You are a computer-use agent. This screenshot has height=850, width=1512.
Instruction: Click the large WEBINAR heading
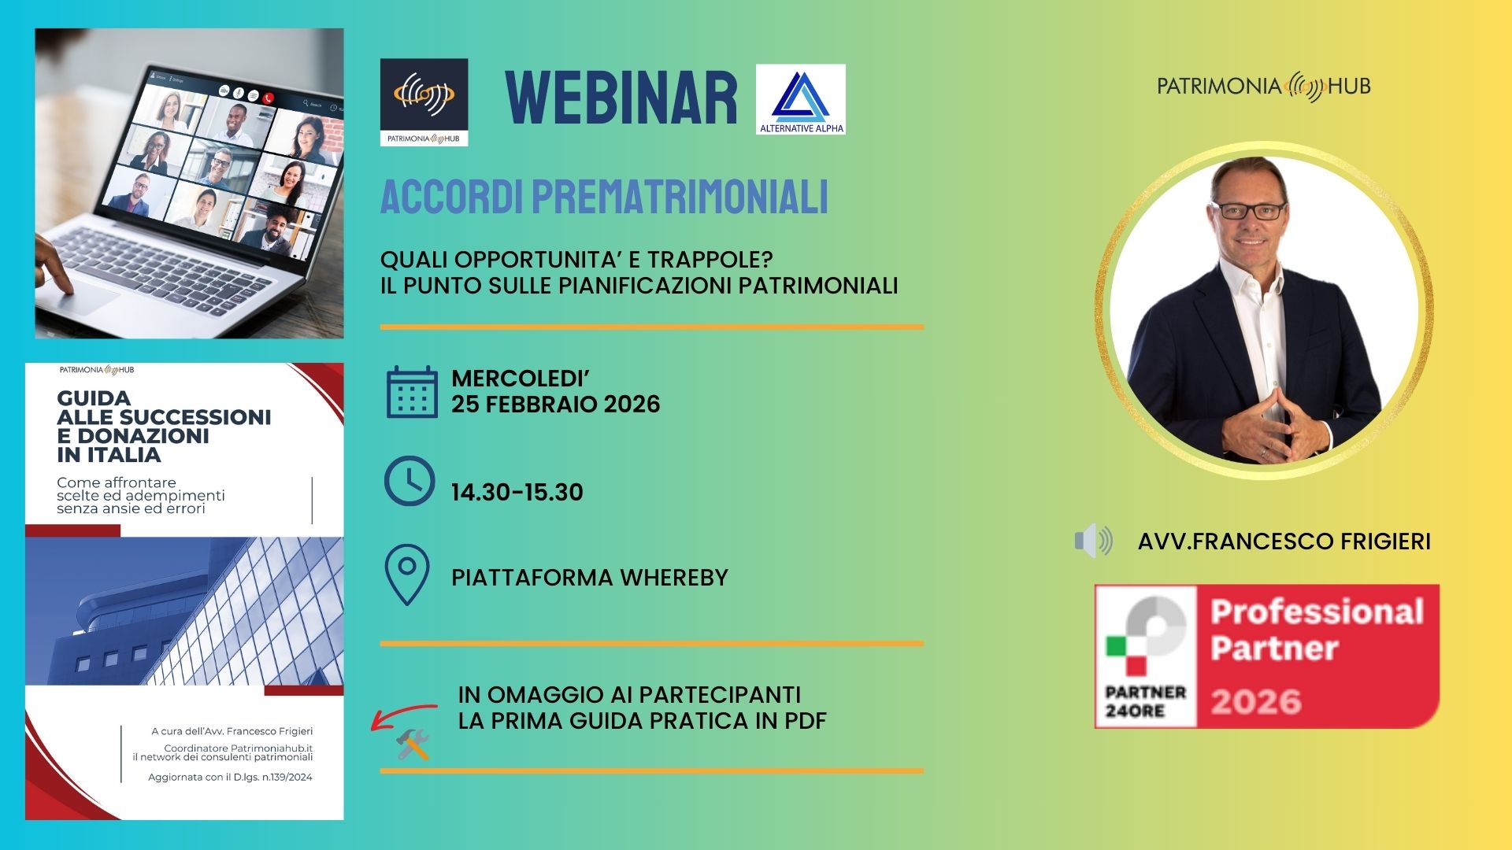tap(621, 98)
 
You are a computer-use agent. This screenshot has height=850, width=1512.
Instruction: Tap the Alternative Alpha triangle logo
tap(800, 99)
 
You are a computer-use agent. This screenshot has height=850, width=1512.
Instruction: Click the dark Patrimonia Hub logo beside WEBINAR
tap(424, 102)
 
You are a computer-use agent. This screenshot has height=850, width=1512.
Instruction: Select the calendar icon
tap(412, 392)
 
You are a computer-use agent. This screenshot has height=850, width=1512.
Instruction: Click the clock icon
tap(409, 481)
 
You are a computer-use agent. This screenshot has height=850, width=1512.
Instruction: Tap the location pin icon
tap(407, 575)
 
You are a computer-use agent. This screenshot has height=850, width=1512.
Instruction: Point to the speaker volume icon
tap(1094, 541)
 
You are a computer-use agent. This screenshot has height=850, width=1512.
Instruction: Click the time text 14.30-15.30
tap(517, 493)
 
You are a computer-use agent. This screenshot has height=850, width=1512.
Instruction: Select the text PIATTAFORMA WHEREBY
tap(590, 578)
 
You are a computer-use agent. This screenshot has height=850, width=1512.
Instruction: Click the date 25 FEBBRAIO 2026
tap(556, 405)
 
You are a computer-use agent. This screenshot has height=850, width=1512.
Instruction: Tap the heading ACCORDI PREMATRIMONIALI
tap(604, 197)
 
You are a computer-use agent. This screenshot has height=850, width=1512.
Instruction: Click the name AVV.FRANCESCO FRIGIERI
tap(1284, 541)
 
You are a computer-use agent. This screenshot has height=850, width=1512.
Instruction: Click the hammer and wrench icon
tap(413, 745)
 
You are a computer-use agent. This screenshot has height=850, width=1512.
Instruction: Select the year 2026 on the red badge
tap(1256, 701)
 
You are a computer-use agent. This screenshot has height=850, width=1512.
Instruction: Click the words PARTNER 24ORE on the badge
tap(1146, 701)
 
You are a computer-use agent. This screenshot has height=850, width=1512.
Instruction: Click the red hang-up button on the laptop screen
tap(268, 98)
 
